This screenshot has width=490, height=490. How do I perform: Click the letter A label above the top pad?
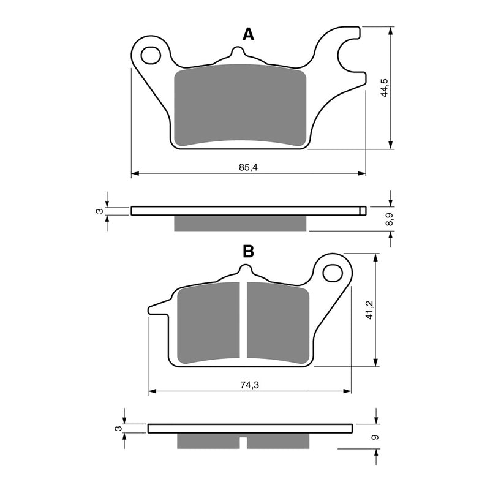pos(248,34)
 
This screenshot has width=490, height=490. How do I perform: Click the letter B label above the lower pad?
pos(248,251)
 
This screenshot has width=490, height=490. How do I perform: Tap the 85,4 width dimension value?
pos(248,168)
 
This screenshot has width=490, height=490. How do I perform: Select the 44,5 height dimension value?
pos(384,88)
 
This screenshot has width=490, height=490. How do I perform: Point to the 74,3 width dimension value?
pos(248,385)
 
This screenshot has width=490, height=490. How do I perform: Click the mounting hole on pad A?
pos(149,55)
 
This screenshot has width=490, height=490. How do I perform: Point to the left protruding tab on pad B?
pos(158,308)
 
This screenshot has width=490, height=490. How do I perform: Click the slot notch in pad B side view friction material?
pos(243,442)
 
